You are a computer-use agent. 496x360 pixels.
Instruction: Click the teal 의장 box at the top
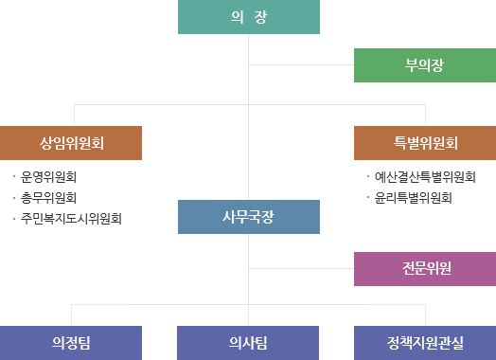click(248, 17)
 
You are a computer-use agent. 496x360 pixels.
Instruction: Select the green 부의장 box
click(424, 64)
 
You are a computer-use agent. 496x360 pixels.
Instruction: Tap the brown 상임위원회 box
click(71, 143)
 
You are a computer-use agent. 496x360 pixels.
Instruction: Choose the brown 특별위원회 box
click(424, 143)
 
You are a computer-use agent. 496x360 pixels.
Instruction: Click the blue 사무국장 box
click(248, 217)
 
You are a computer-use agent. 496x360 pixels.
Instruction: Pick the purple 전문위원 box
click(424, 268)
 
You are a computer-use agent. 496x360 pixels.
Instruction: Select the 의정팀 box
click(71, 341)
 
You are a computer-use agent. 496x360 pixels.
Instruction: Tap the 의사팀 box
click(248, 341)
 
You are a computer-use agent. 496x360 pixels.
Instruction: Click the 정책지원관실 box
click(424, 341)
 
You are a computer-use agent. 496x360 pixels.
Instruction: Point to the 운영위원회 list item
click(48, 177)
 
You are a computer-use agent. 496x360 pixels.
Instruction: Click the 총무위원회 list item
click(48, 198)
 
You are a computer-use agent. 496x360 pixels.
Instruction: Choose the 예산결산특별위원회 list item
click(424, 177)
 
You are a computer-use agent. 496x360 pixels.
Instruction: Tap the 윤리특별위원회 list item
click(413, 198)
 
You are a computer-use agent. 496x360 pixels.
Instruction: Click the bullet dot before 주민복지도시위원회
click(13, 219)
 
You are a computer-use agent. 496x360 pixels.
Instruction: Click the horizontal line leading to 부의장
click(301, 64)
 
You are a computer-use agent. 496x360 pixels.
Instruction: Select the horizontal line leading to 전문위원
click(301, 268)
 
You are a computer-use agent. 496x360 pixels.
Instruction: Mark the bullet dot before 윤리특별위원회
click(367, 198)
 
